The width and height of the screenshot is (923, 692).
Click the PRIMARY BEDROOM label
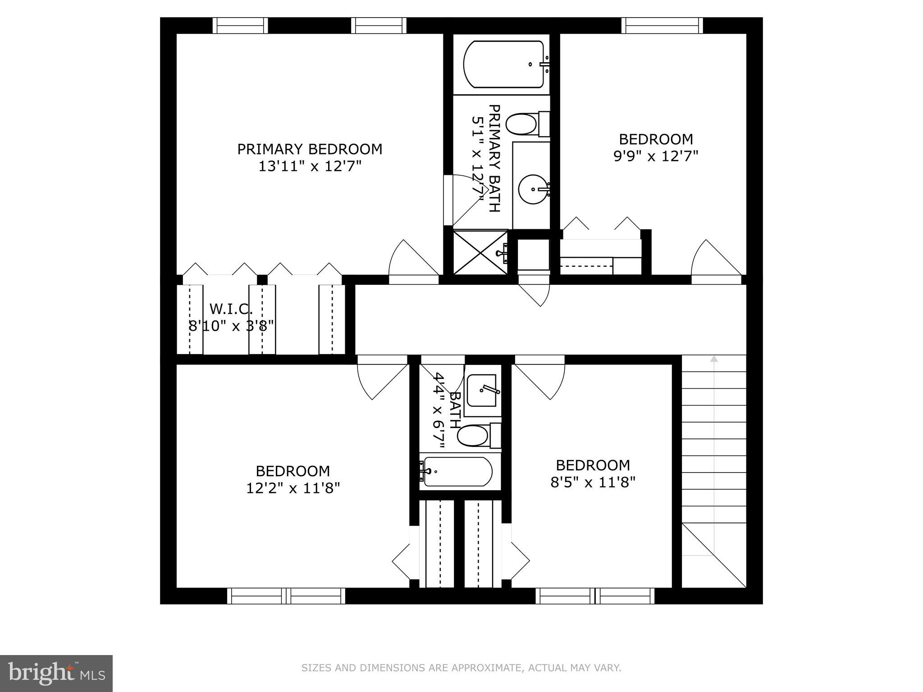tap(310, 149)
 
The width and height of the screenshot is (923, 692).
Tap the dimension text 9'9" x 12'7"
tap(656, 156)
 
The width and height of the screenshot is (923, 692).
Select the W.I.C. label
tap(231, 309)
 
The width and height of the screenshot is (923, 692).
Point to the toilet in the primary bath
tap(523, 124)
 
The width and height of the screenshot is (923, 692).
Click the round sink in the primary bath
tap(533, 190)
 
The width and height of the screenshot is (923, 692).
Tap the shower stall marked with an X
tap(480, 252)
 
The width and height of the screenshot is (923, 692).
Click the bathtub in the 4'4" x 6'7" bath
tap(457, 472)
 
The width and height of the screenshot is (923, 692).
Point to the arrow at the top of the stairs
tap(713, 359)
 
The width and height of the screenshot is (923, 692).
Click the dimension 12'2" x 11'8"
tap(293, 488)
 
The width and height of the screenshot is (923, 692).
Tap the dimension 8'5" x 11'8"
tap(593, 483)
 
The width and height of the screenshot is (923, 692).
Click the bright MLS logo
tap(56, 674)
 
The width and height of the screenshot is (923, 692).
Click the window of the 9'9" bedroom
tap(662, 26)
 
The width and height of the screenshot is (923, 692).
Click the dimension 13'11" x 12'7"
tap(310, 166)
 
